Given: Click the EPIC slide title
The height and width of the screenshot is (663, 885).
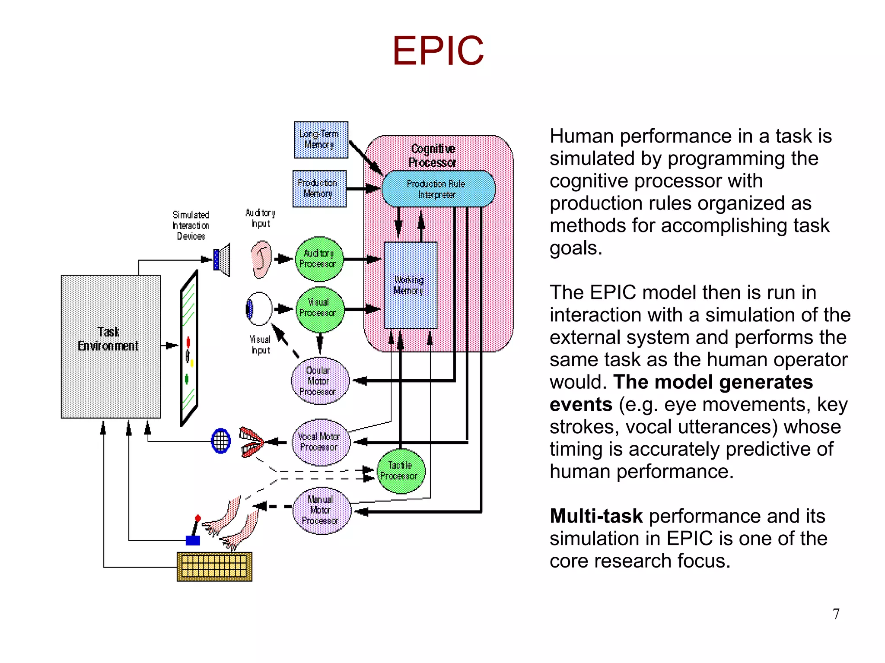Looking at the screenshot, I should point(438,51).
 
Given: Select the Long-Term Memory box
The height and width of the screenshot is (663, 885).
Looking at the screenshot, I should point(321,140).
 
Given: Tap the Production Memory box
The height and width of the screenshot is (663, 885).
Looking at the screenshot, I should point(319,189).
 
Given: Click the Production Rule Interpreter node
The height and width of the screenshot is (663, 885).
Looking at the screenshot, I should point(438,189).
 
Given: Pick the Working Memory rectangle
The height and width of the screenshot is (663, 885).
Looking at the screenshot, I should point(411,285).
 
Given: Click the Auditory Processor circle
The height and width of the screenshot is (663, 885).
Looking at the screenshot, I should point(319,259).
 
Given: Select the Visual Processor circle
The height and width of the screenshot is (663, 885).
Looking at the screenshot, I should point(319,308).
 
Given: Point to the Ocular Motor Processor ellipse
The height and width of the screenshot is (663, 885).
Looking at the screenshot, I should point(319,381).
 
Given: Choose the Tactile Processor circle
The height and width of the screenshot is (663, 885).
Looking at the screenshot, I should point(400,471).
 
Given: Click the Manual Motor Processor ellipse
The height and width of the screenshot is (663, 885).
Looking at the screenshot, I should point(321,511).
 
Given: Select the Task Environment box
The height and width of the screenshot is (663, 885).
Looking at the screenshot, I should point(111,346).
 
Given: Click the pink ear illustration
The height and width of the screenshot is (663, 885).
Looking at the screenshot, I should point(262,259).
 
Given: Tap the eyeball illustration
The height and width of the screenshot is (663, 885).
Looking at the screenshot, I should point(259,309).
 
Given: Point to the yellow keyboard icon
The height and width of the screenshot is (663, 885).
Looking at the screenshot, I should point(214,566).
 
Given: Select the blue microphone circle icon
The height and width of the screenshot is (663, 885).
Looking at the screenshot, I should point(221,441).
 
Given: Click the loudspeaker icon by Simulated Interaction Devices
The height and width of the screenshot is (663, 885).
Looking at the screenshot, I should point(222,260).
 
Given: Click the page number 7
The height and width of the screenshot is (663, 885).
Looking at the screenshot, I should point(836,614).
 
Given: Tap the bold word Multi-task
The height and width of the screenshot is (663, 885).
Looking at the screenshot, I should point(596,516).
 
